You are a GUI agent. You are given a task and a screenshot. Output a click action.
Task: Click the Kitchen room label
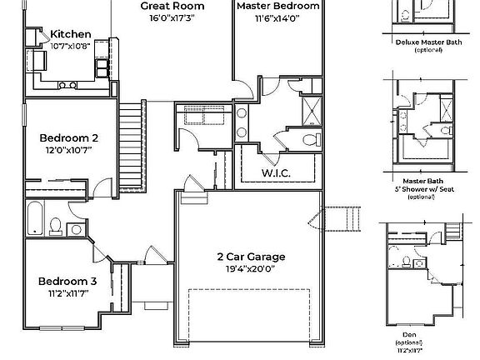click(71, 34)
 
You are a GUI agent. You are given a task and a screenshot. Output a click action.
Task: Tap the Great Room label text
click(172, 5)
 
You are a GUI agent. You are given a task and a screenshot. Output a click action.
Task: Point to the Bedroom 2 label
click(69, 137)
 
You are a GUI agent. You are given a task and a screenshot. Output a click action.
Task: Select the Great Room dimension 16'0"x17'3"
click(172, 17)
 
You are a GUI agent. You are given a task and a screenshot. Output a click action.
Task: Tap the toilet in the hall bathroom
click(57, 225)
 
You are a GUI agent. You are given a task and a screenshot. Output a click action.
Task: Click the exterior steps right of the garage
click(344, 220)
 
